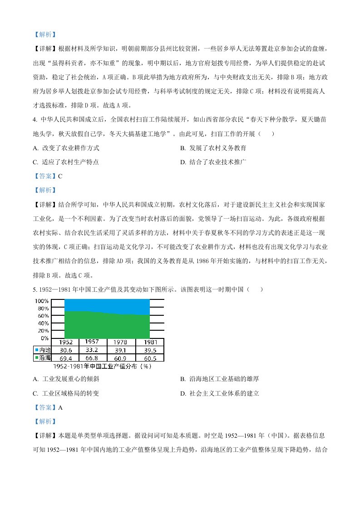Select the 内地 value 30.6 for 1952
(64, 350)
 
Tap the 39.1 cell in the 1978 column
(121, 350)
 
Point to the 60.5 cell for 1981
(150, 358)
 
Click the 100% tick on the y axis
(41, 301)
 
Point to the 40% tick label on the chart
(42, 323)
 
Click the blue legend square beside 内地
(37, 350)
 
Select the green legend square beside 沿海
(37, 358)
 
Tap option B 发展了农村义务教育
(213, 148)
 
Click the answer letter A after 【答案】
(60, 407)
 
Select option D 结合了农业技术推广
(213, 162)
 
